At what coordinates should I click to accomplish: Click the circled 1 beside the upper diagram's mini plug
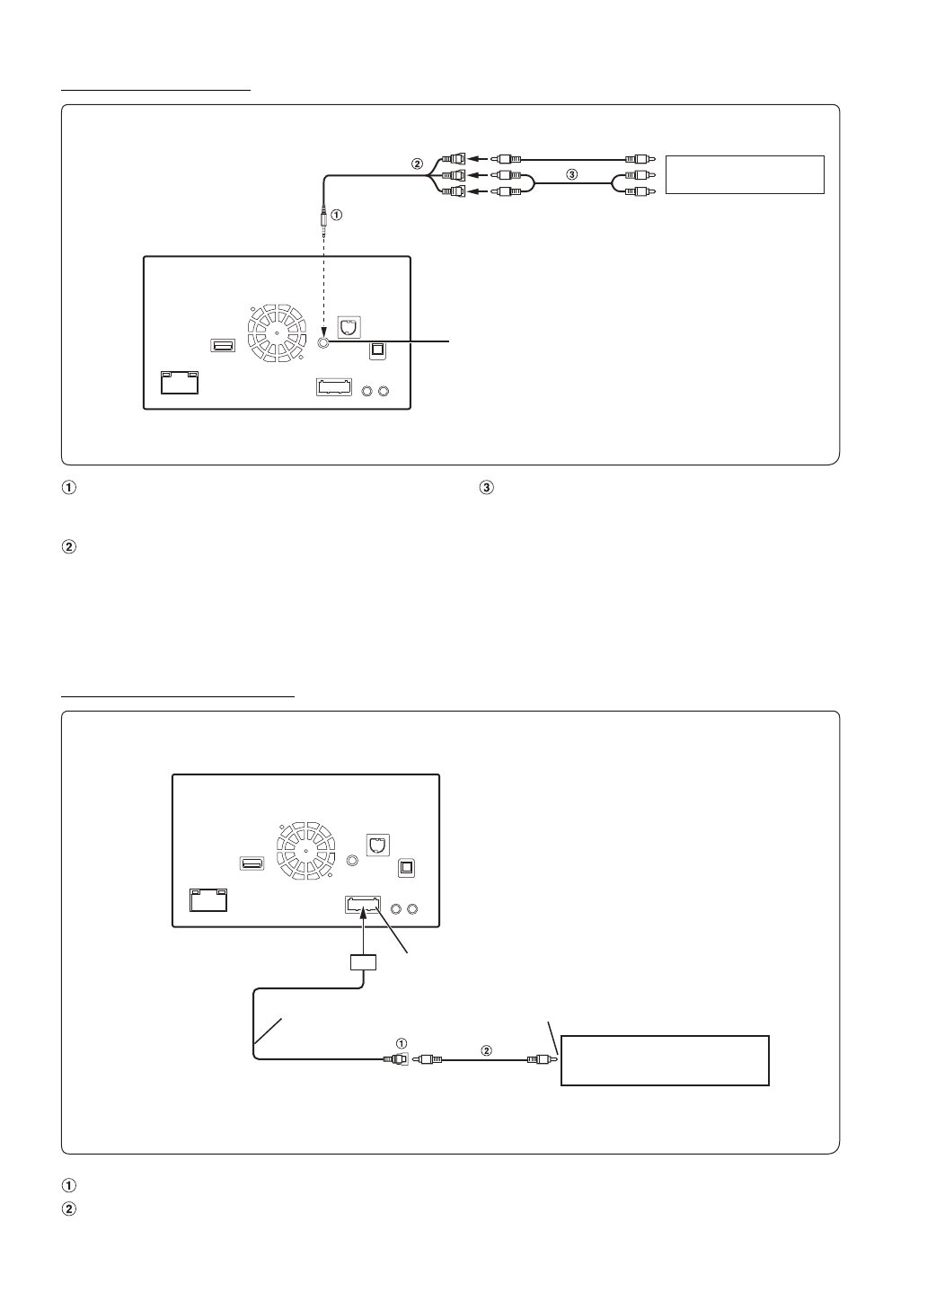[x=337, y=216]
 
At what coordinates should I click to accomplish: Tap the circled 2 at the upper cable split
[x=416, y=164]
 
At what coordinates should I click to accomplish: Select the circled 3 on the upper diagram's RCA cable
[x=572, y=175]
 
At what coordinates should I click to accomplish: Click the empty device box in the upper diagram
[x=744, y=174]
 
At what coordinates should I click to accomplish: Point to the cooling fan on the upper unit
[x=278, y=332]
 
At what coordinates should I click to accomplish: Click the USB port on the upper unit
[x=223, y=346]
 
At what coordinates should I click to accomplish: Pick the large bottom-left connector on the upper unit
[x=179, y=382]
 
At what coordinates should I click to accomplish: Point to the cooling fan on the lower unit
[x=305, y=851]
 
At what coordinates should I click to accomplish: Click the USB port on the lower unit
[x=252, y=864]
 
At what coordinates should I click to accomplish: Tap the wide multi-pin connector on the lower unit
[x=363, y=907]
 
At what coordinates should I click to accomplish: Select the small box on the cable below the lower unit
[x=362, y=962]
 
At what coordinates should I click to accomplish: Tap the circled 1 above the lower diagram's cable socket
[x=401, y=1043]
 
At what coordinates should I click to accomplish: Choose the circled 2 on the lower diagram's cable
[x=487, y=1050]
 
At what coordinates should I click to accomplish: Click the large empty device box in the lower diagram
[x=665, y=1060]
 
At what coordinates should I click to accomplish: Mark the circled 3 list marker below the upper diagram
[x=486, y=489]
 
